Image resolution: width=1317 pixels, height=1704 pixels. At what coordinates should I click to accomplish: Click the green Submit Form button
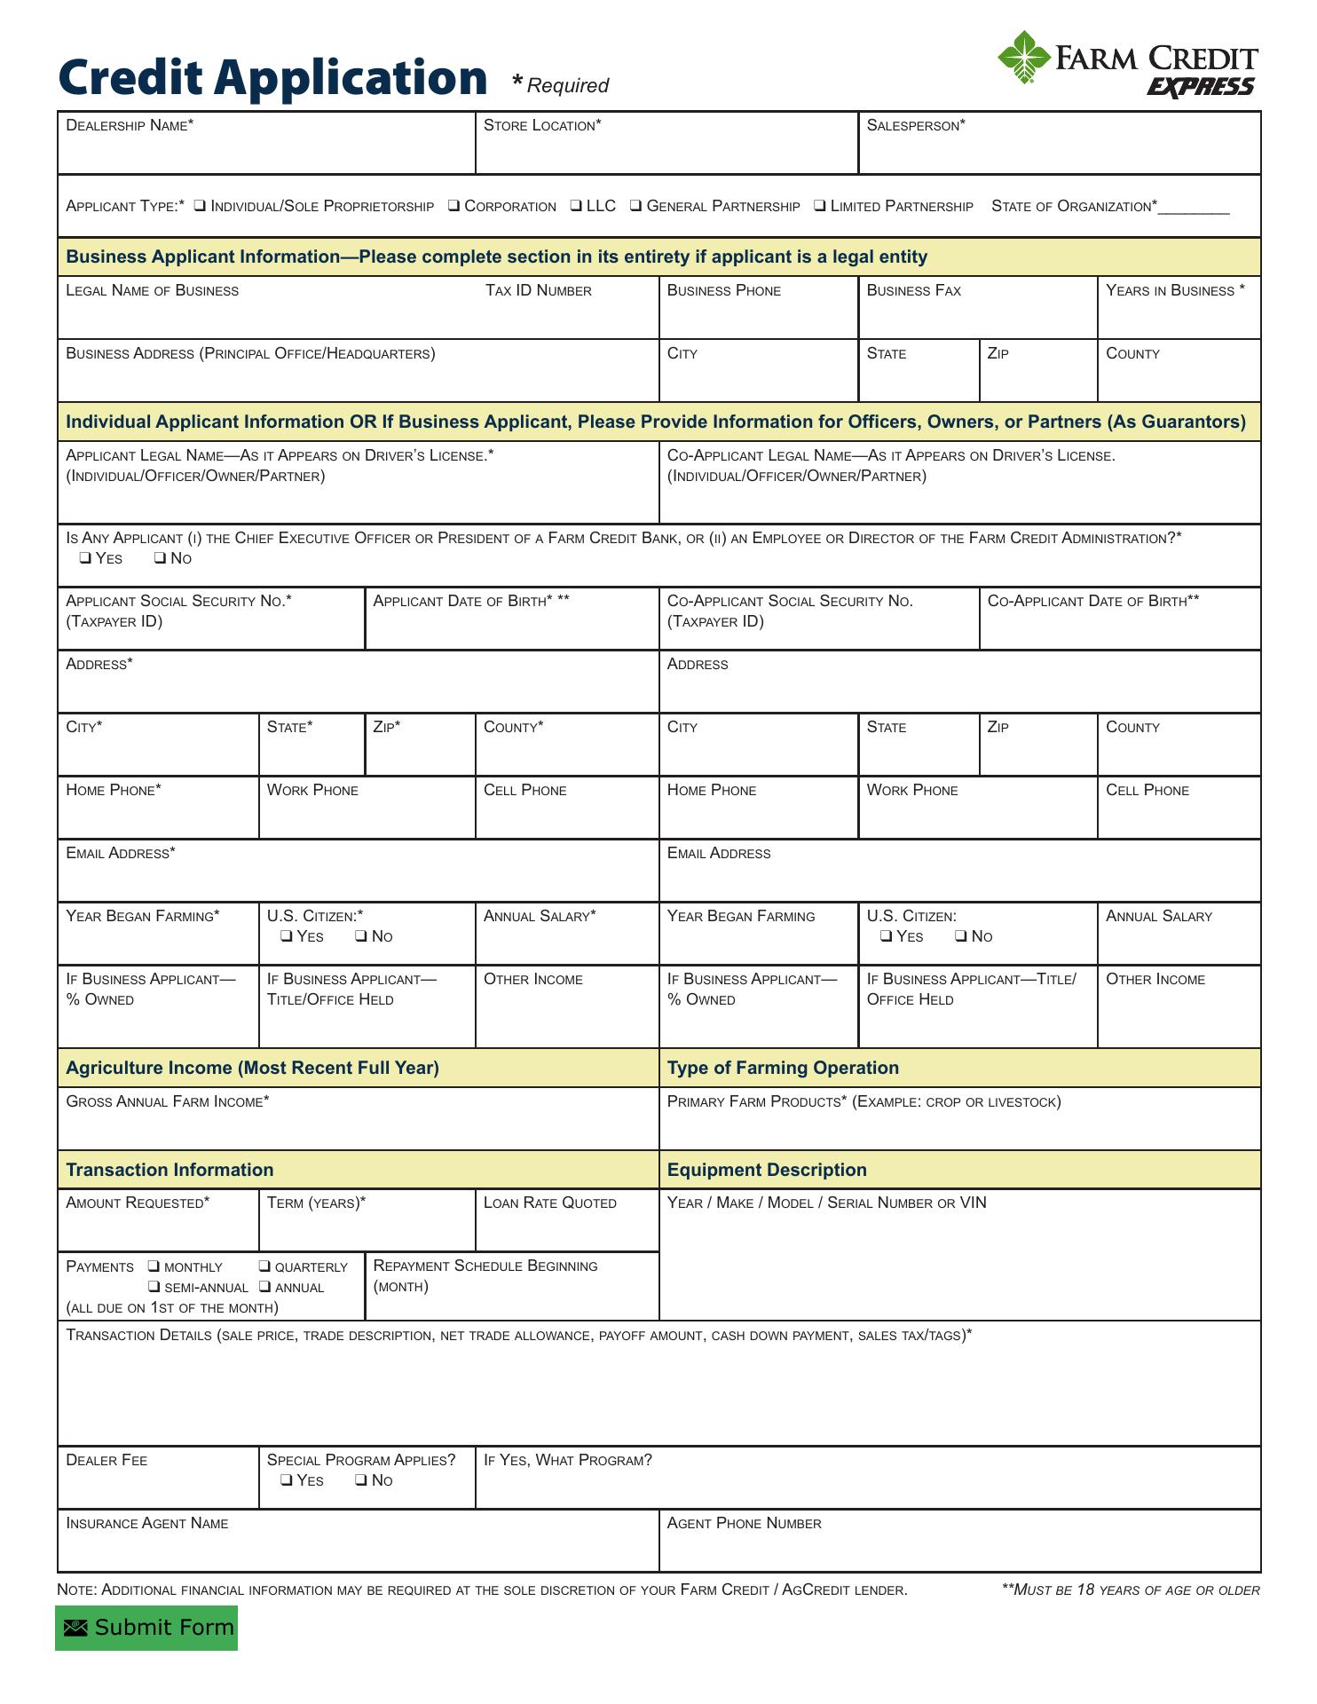pos(146,1628)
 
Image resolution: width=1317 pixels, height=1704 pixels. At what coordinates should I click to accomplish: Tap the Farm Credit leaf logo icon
pos(1024,58)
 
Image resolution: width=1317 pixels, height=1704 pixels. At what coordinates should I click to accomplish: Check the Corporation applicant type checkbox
pos(453,206)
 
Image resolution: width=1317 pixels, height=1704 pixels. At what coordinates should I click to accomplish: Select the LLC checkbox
pos(576,206)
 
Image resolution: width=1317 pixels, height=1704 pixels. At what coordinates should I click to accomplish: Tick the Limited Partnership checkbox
pos(819,206)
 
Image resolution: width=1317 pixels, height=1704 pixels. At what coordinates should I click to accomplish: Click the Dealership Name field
pos(266,151)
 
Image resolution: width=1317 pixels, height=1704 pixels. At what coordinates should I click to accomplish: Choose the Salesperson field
pos(1059,151)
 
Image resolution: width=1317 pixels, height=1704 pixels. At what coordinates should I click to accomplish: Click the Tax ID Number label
pos(538,291)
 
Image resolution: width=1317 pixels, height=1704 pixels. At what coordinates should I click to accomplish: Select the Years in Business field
pos(1179,316)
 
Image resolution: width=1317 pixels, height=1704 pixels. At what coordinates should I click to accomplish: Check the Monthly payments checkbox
pos(154,1266)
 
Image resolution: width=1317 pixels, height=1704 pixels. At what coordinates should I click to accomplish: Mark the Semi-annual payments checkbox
pos(154,1287)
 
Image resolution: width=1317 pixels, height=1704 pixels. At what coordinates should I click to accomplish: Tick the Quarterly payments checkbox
pos(264,1266)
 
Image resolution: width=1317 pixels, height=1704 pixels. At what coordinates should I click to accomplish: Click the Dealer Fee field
pos(158,1487)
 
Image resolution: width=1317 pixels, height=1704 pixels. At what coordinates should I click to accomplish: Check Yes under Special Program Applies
pos(287,1480)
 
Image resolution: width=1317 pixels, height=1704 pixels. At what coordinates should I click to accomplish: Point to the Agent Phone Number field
pos(959,1550)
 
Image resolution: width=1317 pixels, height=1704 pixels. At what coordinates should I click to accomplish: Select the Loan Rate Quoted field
pos(567,1229)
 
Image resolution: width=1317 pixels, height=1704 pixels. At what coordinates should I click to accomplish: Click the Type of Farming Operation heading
pos(783,1069)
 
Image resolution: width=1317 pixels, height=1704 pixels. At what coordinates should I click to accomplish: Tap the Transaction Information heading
pos(170,1171)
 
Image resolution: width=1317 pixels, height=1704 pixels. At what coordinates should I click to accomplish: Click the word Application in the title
pos(350,78)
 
